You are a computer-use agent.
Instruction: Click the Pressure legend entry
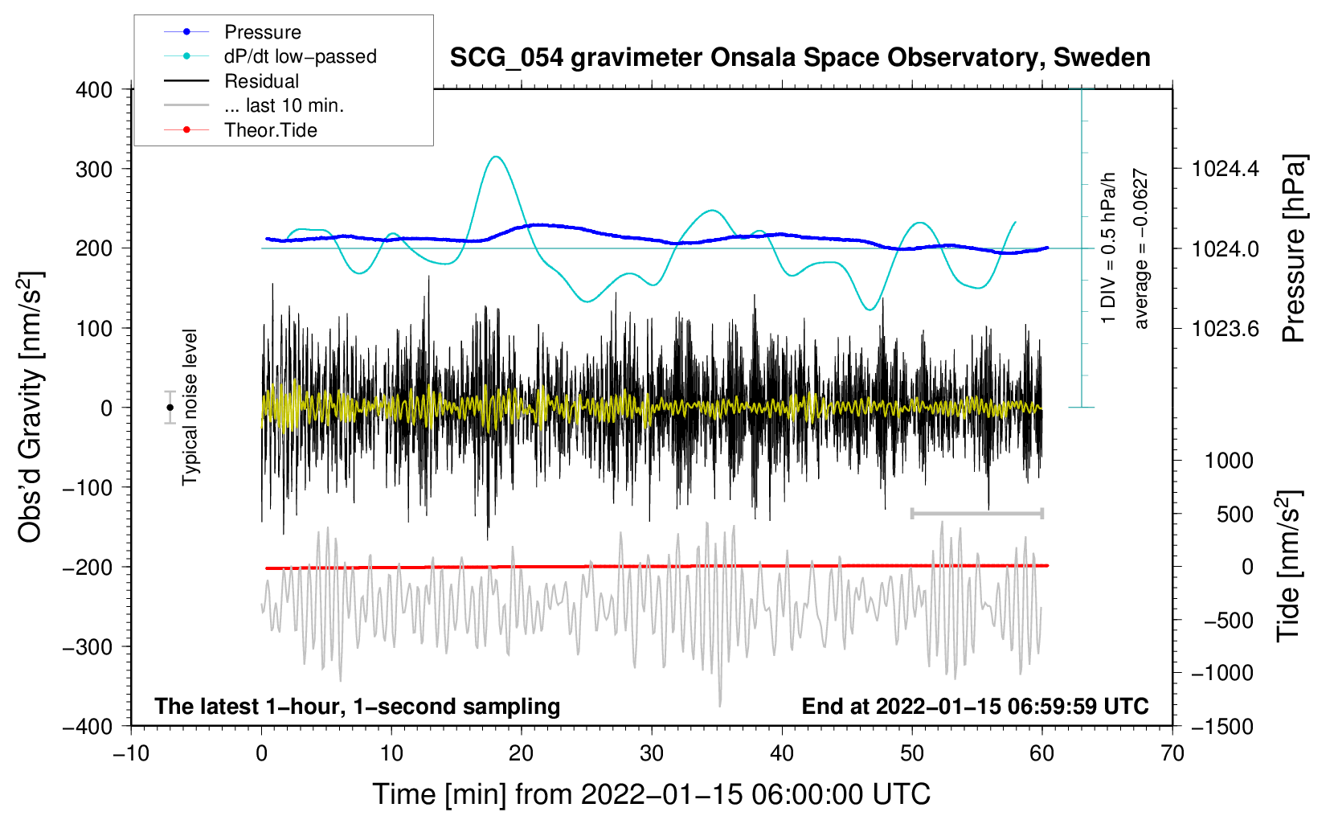(233, 31)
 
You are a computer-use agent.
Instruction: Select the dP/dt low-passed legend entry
(270, 56)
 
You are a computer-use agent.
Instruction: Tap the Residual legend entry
(231, 81)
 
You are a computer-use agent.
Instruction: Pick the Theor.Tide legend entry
(240, 130)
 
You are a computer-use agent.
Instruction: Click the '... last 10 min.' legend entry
(254, 105)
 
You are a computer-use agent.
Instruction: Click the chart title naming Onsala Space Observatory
(800, 58)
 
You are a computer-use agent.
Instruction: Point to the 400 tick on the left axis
(94, 90)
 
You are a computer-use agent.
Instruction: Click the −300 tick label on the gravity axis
(88, 647)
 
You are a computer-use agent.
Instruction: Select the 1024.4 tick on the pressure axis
(1225, 170)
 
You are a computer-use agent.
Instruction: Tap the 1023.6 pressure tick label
(1225, 329)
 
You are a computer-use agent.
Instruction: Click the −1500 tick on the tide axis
(1222, 727)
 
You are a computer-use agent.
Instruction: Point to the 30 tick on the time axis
(652, 754)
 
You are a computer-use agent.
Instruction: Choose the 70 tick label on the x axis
(1172, 754)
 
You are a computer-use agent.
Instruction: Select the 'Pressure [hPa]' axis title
(1293, 248)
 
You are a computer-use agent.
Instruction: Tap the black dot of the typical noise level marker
(170, 408)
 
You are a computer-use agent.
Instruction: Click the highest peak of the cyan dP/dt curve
(496, 157)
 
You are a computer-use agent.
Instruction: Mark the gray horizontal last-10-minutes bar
(976, 513)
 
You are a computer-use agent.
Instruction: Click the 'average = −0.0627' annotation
(1140, 248)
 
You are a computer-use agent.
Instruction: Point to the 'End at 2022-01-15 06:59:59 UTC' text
(975, 706)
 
